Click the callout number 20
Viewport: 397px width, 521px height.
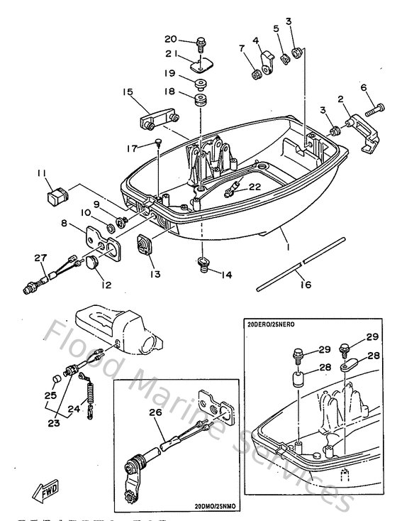tap(170, 39)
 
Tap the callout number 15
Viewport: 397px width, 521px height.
tap(128, 92)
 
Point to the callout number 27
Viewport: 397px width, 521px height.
tap(39, 258)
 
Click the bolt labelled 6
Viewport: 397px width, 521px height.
tap(375, 111)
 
